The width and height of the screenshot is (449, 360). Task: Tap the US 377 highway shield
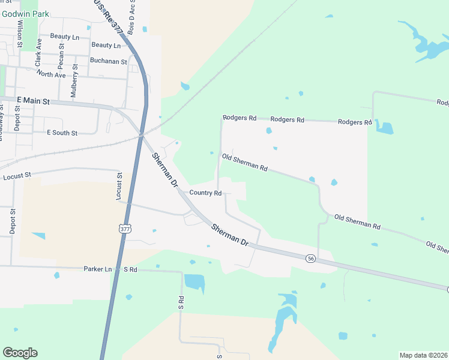tap(125, 229)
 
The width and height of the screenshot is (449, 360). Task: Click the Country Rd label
tap(206, 193)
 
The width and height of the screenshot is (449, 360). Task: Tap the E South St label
tap(62, 133)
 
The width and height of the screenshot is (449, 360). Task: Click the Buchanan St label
tap(108, 61)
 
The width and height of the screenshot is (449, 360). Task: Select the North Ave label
tap(51, 74)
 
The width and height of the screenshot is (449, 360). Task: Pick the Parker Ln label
tap(98, 269)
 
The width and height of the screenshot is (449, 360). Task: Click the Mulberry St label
tap(74, 84)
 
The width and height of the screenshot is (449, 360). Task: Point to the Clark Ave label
tap(39, 52)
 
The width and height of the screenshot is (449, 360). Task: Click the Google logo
tap(20, 353)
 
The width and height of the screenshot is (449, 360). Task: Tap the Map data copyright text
tap(423, 355)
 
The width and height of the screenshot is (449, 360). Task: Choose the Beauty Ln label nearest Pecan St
tap(65, 37)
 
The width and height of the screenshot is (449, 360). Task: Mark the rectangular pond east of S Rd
tap(194, 281)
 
